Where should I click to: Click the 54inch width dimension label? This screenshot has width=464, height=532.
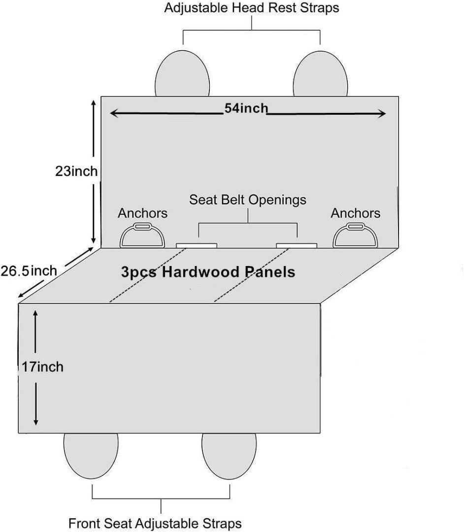[x=246, y=108]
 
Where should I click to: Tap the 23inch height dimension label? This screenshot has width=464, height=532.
[x=76, y=171]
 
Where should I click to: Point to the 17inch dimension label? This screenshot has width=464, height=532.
[x=42, y=366]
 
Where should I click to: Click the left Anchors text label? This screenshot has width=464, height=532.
[x=142, y=213]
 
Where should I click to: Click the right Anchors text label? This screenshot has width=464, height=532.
[x=355, y=213]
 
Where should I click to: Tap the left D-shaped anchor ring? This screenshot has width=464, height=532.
[x=142, y=235]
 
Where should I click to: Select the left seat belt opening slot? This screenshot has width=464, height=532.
[x=197, y=245]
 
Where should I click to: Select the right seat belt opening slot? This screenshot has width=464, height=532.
[x=296, y=245]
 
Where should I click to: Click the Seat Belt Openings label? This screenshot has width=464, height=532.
[x=248, y=199]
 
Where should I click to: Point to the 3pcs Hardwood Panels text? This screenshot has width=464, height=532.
[x=208, y=272]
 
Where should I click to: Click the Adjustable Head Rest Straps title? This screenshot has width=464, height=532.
[x=252, y=8]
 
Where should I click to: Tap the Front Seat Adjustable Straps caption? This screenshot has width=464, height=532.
[x=155, y=523]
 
